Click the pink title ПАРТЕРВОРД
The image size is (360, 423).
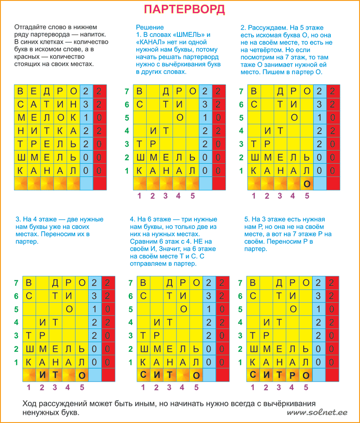pos(184,10)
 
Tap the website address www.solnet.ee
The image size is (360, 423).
pos(321,413)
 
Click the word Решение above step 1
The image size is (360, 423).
pos(150,27)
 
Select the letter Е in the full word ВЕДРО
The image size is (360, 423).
pos(33,91)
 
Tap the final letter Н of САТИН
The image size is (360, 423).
pos(73,104)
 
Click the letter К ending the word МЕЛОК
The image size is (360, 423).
pos(73,118)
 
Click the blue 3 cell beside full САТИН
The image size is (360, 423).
pos(86,104)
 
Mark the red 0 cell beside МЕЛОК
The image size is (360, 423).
pos(99,118)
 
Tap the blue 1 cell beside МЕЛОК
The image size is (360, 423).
pos(86,118)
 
